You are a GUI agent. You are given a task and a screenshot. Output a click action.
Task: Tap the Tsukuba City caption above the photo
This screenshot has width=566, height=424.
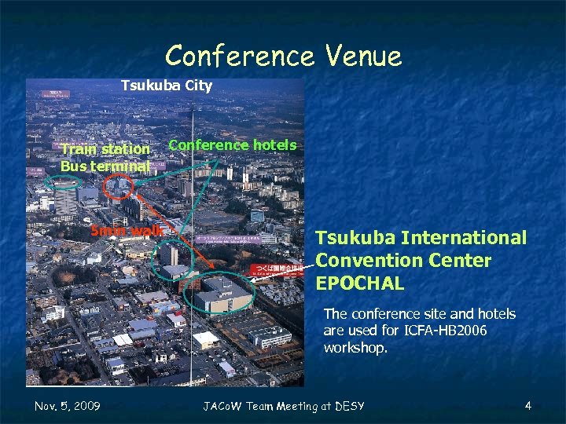166,85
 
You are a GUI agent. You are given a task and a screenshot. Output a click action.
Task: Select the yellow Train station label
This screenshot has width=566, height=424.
105,149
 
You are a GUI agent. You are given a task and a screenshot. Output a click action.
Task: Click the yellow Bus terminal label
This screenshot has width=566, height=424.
105,166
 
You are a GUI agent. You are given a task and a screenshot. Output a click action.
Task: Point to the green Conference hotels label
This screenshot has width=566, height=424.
233,144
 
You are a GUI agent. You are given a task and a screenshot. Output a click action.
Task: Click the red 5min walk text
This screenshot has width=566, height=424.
127,231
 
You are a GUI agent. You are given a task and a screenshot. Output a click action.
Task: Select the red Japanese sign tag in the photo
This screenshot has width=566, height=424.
276,269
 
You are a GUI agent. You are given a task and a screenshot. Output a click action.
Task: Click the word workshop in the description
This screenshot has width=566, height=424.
355,347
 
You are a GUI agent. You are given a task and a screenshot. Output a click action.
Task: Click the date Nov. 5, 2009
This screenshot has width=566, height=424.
68,405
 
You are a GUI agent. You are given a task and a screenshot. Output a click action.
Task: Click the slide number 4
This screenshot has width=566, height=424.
528,405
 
